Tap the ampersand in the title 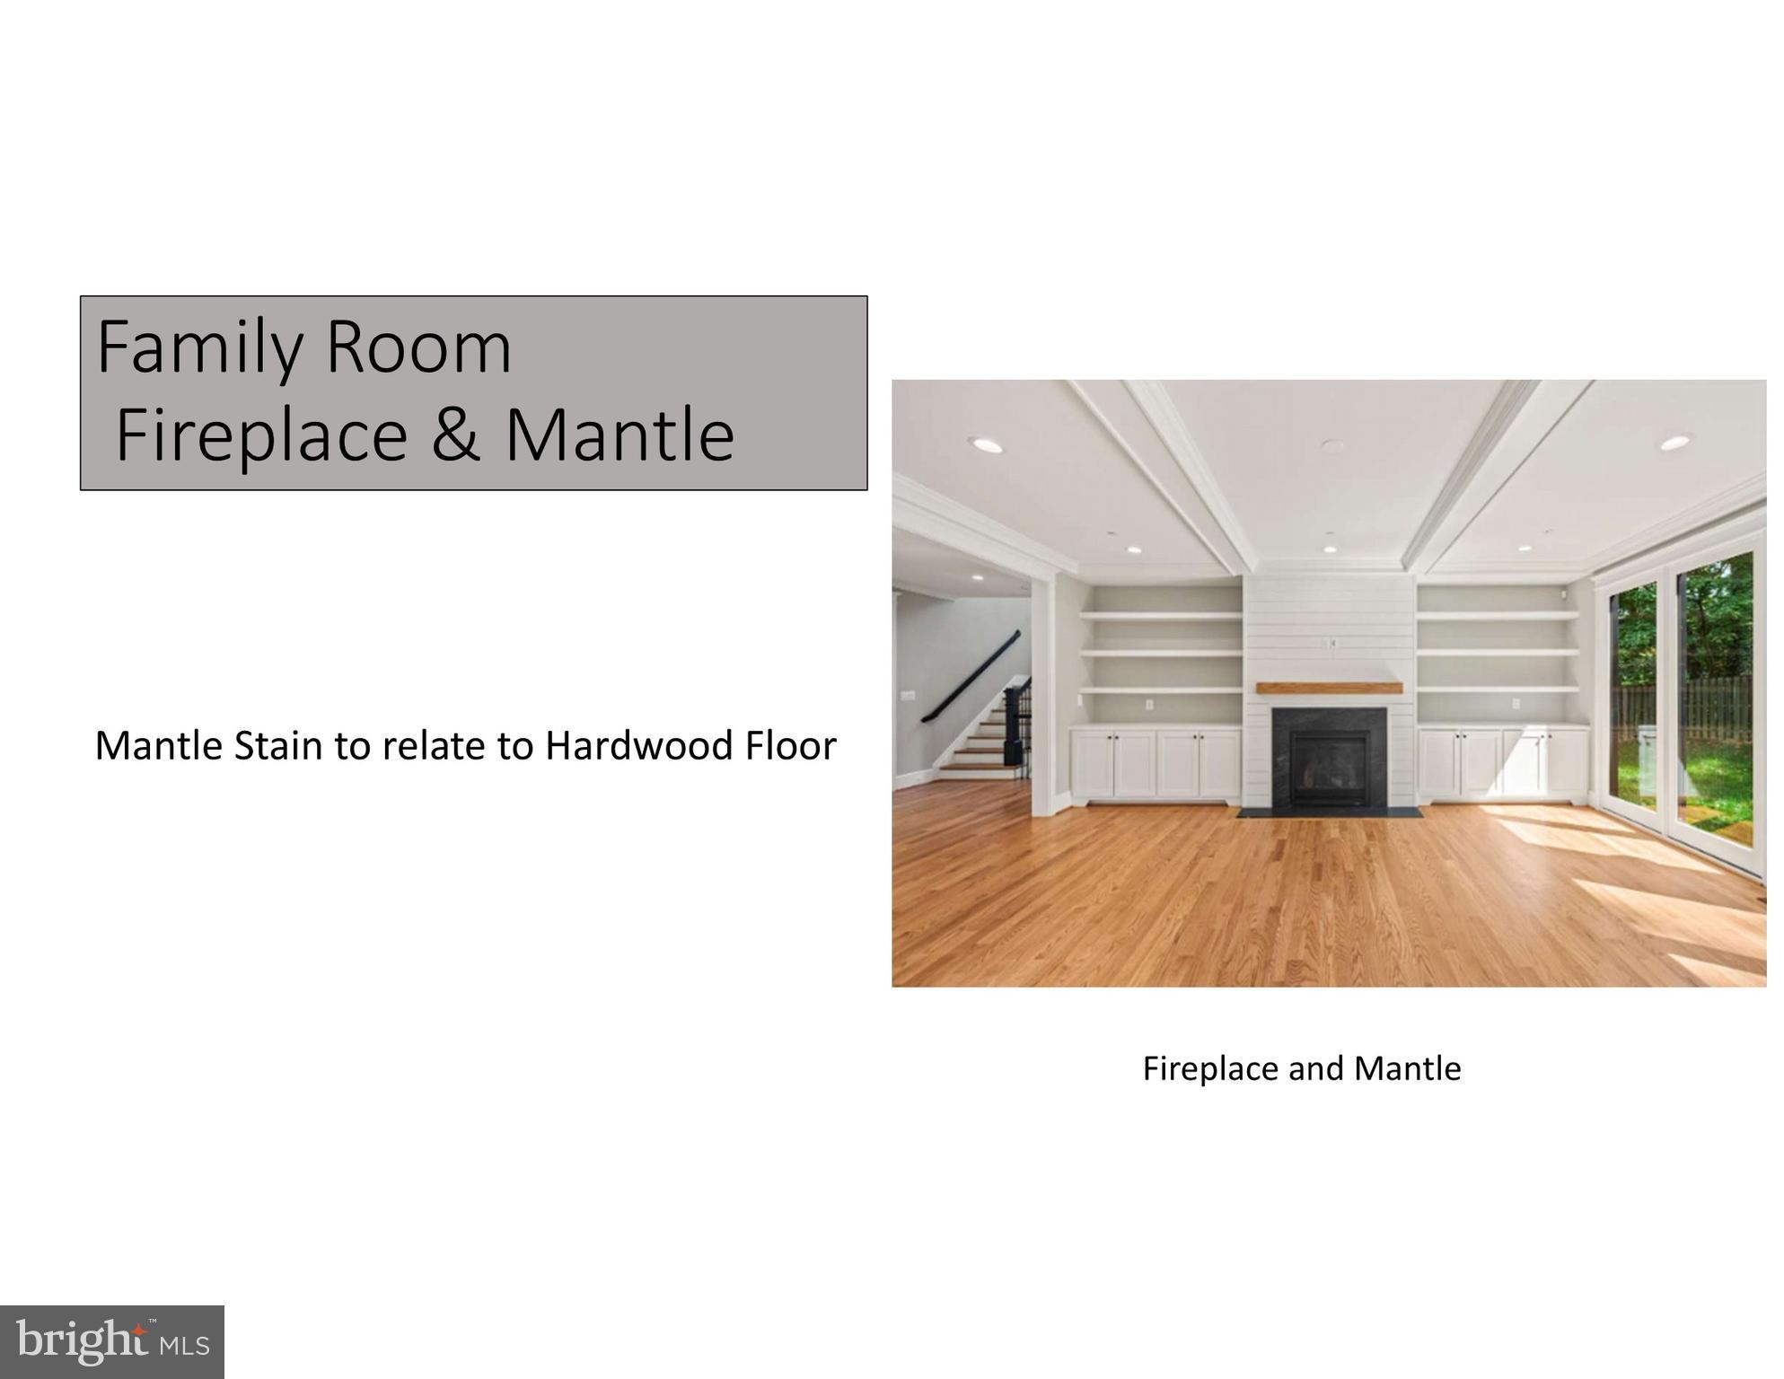tap(455, 435)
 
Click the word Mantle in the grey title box tap(620, 435)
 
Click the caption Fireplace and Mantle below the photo tap(1301, 1068)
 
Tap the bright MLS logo tap(112, 1342)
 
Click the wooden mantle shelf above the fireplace tap(1329, 689)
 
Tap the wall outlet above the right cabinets tap(1516, 704)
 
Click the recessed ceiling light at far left tap(985, 444)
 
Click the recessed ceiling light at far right tap(1674, 443)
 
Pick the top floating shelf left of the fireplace tap(1160, 616)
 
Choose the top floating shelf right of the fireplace tap(1497, 616)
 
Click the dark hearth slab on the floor tap(1329, 812)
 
